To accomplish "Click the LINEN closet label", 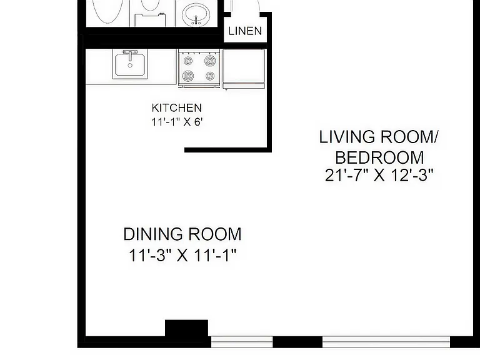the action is (245, 31).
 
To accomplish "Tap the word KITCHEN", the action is (177, 107).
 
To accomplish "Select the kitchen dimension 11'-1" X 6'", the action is (177, 122).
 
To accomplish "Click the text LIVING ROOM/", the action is (379, 137).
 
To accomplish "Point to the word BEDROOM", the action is (379, 157).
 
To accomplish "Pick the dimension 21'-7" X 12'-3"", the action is (379, 176).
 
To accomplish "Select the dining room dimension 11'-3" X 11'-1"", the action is (182, 255).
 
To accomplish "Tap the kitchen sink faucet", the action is (130, 54).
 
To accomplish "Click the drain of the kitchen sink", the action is (130, 65).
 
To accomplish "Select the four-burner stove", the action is (199, 69).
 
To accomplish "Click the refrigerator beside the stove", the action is (244, 69).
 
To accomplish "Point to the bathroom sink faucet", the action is (196, 20).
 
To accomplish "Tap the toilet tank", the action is (150, 20).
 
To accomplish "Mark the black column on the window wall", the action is (186, 328).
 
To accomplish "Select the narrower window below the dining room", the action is (242, 342).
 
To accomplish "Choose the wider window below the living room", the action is (386, 342).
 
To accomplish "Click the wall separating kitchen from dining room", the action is (228, 150).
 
